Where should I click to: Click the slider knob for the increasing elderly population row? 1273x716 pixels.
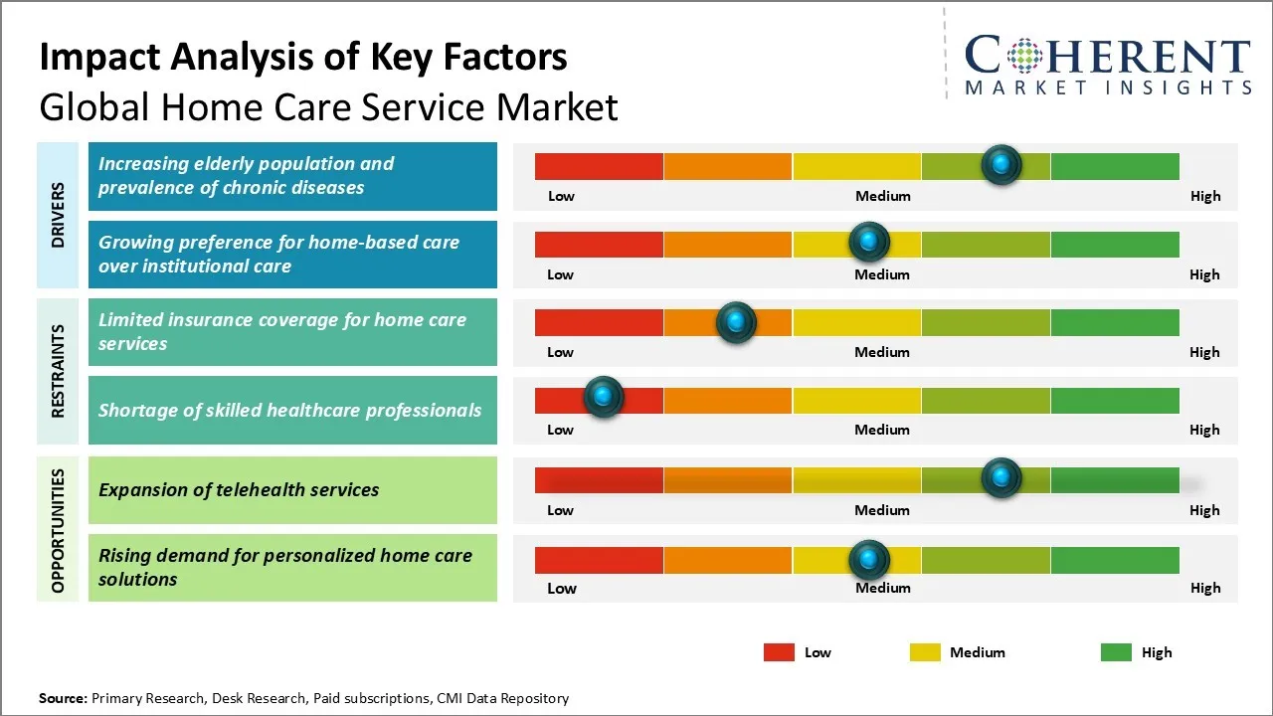coord(1001,164)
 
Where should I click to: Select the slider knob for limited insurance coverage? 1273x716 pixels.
coord(736,321)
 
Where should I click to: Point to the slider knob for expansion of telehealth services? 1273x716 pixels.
coord(1001,477)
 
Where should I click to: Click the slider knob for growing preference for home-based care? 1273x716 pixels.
coord(869,242)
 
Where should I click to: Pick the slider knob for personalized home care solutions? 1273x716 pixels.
coord(869,560)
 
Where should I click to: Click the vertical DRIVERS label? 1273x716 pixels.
coord(58,215)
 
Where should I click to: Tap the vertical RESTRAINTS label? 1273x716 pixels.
coord(58,370)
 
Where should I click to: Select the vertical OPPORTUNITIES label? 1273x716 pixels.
coord(58,530)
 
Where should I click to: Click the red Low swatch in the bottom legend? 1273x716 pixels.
coord(779,652)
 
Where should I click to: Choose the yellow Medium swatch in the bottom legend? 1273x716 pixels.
coord(925,652)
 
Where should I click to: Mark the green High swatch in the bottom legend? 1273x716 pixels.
coord(1116,652)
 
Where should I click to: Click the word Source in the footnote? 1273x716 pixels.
coord(63,699)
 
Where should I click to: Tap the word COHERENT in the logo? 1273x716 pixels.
coord(1108,57)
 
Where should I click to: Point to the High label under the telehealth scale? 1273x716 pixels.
coord(1204,510)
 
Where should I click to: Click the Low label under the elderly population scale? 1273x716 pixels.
coord(561,196)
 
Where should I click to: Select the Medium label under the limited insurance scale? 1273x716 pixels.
coord(882,352)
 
